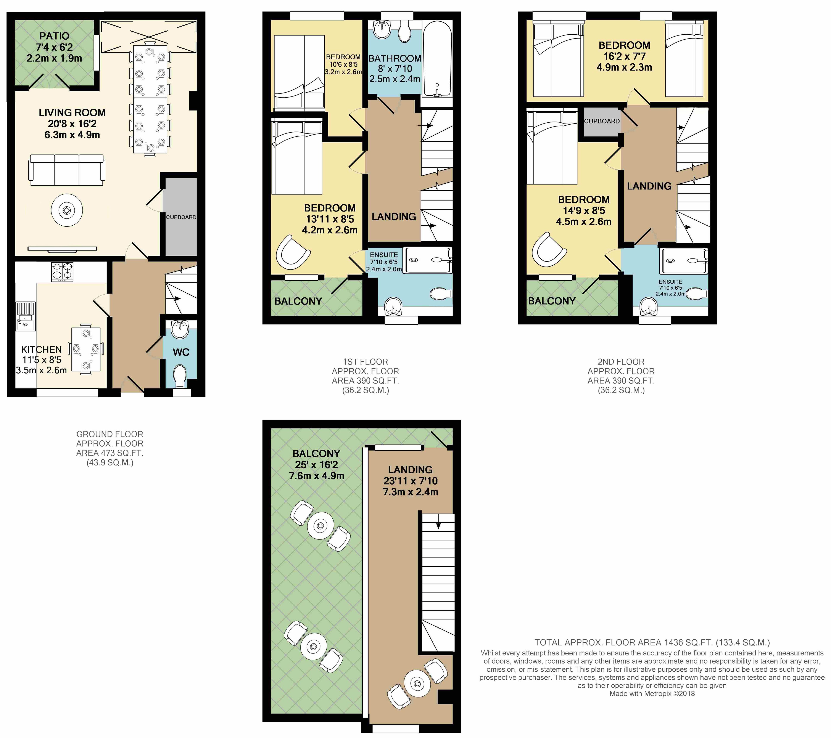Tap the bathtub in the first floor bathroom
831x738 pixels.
click(x=437, y=59)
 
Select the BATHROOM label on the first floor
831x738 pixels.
click(x=395, y=59)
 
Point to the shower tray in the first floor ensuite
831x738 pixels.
click(x=428, y=260)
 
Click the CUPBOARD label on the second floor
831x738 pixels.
click(x=602, y=121)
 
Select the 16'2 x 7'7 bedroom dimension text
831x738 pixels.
click(x=625, y=56)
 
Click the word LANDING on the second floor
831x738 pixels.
click(x=649, y=186)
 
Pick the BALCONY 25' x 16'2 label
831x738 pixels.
click(x=316, y=465)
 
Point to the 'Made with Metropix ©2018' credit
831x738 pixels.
click(x=652, y=694)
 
